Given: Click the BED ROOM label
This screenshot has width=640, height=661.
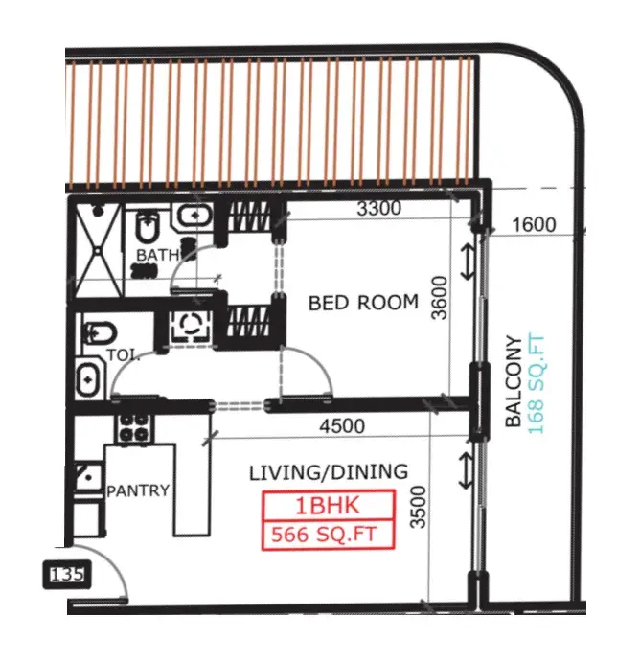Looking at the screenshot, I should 363,303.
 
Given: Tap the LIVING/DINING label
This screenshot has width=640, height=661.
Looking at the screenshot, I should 328,472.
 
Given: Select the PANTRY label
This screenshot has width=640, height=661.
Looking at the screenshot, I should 138,490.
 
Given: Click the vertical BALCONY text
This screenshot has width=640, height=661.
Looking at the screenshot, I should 515,380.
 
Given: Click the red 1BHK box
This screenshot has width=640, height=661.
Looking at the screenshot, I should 328,506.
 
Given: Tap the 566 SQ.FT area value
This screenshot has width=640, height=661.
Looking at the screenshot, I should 328,535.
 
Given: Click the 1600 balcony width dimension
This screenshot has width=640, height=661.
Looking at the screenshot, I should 534,225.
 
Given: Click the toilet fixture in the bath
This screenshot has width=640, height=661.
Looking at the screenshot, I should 149,228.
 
